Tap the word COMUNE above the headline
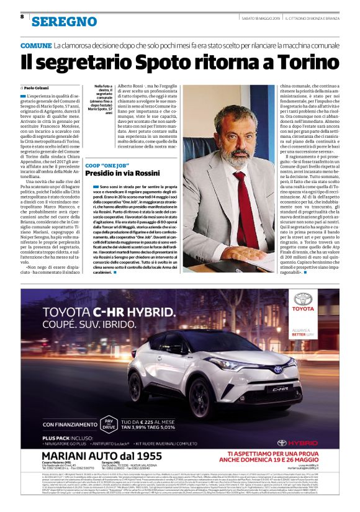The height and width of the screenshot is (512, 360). [36, 47]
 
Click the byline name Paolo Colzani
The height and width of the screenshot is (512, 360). [41, 90]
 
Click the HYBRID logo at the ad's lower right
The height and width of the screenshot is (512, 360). [302, 442]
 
